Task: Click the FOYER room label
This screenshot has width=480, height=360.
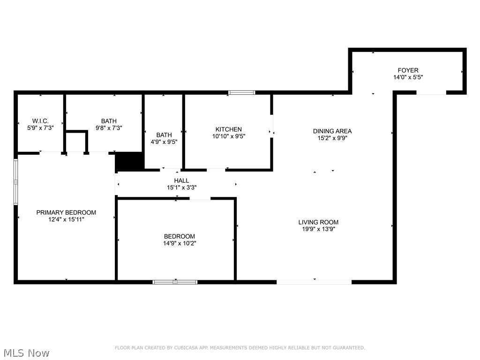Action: pyautogui.click(x=408, y=70)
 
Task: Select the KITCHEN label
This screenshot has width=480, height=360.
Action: pyautogui.click(x=228, y=129)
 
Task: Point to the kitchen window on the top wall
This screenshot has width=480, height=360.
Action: pyautogui.click(x=242, y=93)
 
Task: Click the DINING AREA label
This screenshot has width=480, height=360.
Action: pyautogui.click(x=332, y=131)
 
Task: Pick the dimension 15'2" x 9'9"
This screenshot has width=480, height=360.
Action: pyautogui.click(x=332, y=138)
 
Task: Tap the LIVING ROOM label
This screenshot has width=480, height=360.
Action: pyautogui.click(x=318, y=222)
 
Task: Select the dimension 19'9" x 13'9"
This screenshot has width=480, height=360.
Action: pyautogui.click(x=318, y=229)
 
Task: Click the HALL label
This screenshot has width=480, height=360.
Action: pyautogui.click(x=181, y=180)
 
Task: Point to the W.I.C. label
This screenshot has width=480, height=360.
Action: pyautogui.click(x=40, y=121)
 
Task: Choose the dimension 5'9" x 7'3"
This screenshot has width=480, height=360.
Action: pyautogui.click(x=40, y=127)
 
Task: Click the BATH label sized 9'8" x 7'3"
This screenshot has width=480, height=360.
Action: pyautogui.click(x=109, y=121)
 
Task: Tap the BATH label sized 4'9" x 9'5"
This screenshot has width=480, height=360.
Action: pyautogui.click(x=164, y=135)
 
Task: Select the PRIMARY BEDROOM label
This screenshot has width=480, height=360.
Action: pyautogui.click(x=66, y=212)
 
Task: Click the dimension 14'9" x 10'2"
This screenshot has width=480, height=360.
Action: pyautogui.click(x=180, y=243)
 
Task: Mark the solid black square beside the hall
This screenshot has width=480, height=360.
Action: pyautogui.click(x=129, y=162)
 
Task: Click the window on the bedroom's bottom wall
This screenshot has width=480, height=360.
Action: pyautogui.click(x=175, y=282)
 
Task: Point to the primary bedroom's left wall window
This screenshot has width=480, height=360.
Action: pyautogui.click(x=16, y=182)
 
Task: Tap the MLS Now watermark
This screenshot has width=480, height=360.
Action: pyautogui.click(x=26, y=352)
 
